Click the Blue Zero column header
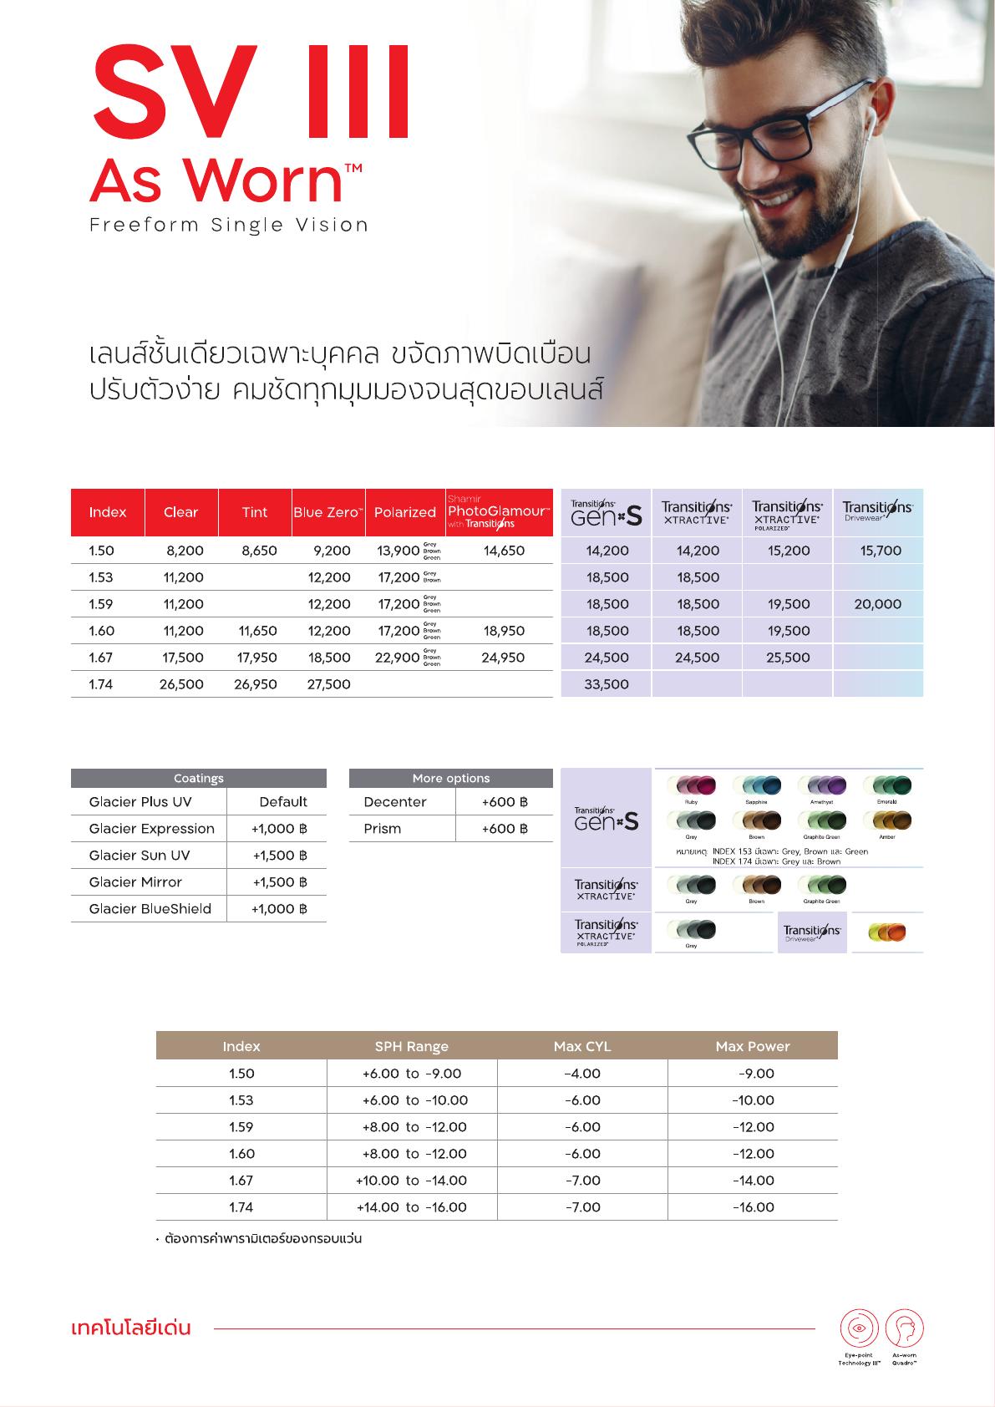click(328, 512)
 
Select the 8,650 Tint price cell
click(259, 551)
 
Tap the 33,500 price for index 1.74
click(607, 684)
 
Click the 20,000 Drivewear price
click(877, 604)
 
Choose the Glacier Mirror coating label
click(135, 882)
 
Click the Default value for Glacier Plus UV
click(283, 802)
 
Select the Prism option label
click(383, 829)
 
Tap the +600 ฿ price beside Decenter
click(505, 802)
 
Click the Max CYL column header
click(582, 1046)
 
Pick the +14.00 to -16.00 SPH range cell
click(412, 1207)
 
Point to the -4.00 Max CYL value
click(582, 1074)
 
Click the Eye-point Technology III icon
click(859, 1328)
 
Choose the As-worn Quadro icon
click(904, 1328)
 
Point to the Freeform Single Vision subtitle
click(229, 225)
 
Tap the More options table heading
click(451, 778)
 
